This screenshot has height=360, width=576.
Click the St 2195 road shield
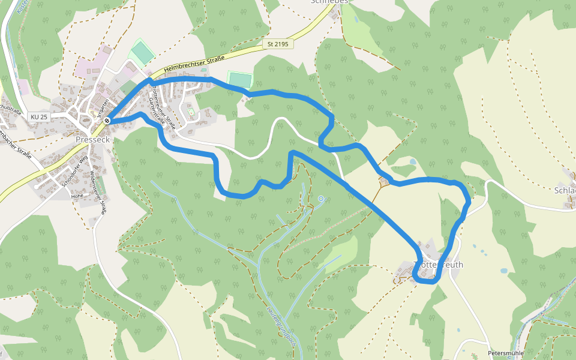(278, 44)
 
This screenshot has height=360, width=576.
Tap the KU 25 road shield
(38, 116)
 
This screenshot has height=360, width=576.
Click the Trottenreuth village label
(439, 265)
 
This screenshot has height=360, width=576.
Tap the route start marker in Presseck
(107, 121)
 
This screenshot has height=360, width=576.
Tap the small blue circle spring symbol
(321, 198)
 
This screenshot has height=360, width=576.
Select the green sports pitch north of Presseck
(143, 53)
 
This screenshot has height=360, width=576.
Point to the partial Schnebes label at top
(329, 2)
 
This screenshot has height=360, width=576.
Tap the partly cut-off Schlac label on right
(565, 190)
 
